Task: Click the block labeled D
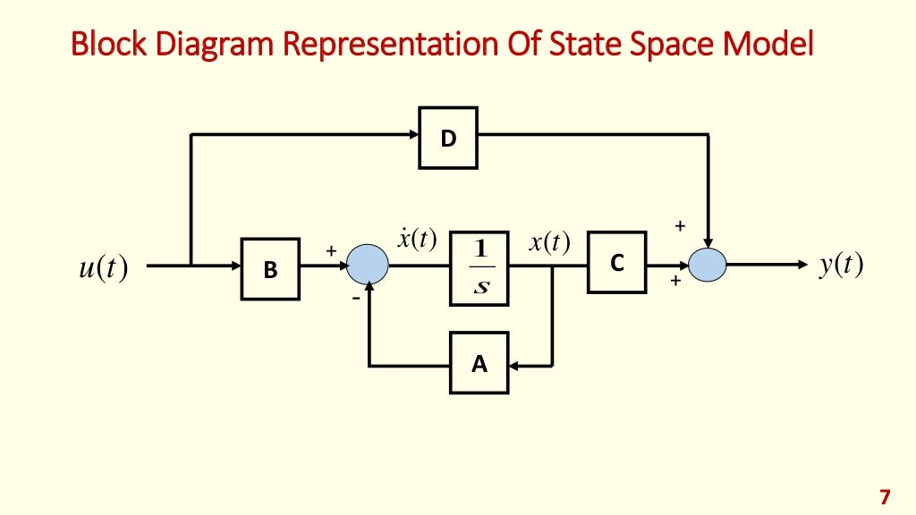(448, 138)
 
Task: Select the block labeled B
(270, 267)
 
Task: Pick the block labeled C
(616, 263)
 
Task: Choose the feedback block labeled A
(479, 363)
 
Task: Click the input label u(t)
(102, 266)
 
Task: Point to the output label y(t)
(840, 266)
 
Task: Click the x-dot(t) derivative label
(416, 240)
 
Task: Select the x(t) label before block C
(549, 243)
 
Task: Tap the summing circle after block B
(367, 265)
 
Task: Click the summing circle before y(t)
(708, 266)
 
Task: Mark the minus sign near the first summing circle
(355, 299)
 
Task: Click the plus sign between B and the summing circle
(330, 252)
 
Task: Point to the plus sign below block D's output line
(680, 227)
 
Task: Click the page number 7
(886, 497)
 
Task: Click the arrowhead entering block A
(515, 364)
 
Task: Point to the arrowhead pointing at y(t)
(801, 266)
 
